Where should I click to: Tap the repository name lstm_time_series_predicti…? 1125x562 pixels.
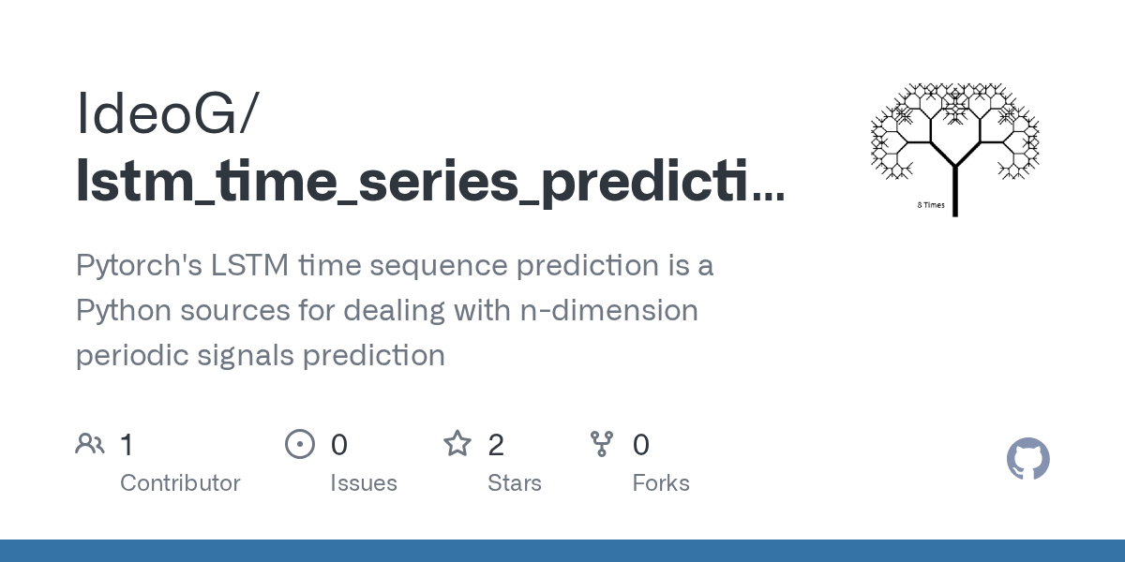[429, 178]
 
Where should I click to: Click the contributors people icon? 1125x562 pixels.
[90, 444]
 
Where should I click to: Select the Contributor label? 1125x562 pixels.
[180, 483]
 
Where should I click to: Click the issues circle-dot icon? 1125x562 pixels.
[300, 444]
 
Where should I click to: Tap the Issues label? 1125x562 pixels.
[364, 483]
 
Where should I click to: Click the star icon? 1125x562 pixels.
[457, 444]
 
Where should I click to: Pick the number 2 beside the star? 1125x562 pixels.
[496, 445]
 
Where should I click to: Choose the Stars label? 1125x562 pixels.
[515, 483]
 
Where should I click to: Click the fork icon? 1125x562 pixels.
[602, 444]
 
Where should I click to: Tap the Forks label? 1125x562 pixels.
[661, 483]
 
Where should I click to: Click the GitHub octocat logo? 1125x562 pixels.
[1027, 460]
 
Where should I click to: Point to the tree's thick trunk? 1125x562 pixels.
[954, 192]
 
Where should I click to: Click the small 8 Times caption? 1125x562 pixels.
[931, 205]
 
